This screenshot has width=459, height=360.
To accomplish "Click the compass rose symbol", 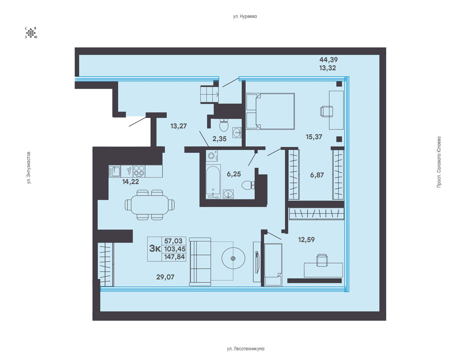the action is click(x=31, y=33).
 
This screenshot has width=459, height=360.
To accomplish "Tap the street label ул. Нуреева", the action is click(x=245, y=16).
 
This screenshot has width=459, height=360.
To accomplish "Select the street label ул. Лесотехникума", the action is click(x=246, y=349).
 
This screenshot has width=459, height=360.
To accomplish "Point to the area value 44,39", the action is click(x=329, y=60).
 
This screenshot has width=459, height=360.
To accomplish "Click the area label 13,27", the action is click(x=179, y=126).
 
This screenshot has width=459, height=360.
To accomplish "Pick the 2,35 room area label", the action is click(x=220, y=139).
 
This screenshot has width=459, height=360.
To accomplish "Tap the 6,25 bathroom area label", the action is click(x=234, y=174).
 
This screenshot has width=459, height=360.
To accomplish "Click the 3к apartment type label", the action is click(x=155, y=249).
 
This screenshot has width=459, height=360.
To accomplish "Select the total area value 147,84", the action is click(x=174, y=257).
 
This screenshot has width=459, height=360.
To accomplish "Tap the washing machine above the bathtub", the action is click(x=212, y=156).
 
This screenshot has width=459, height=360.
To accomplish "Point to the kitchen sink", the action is click(x=115, y=171).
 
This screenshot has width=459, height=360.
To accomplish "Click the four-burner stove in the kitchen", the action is click(x=139, y=171).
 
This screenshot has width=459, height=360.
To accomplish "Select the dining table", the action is click(x=150, y=205).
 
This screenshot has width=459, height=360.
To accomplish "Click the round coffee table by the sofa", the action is click(x=233, y=258).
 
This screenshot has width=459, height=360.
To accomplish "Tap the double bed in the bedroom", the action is click(x=270, y=111).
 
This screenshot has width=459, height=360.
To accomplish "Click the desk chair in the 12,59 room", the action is click(x=322, y=260).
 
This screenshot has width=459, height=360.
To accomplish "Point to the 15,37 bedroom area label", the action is click(x=314, y=137).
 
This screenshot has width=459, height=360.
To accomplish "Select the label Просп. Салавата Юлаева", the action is click(x=439, y=162).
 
